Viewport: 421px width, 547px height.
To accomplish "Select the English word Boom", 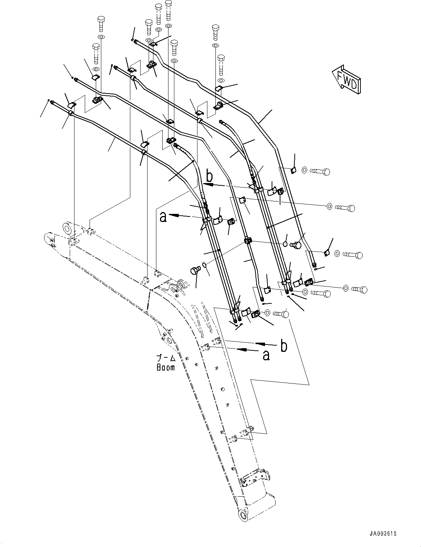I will coord(166,367).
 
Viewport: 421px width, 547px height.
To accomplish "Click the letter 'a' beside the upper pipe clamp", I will coord(163,217).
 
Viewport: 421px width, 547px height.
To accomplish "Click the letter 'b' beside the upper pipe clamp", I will coord(209,177).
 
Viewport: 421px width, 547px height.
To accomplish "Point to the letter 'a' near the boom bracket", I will coord(266,355).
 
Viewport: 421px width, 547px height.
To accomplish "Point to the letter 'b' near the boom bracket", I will coord(284,346).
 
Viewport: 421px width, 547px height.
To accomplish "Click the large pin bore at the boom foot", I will coord(68,228).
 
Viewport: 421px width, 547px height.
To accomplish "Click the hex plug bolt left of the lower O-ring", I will coord(195,271).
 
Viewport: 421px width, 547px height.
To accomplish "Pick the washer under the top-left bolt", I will coord(101,37).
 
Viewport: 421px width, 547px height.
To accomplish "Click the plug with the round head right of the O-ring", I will coord(297,244).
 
